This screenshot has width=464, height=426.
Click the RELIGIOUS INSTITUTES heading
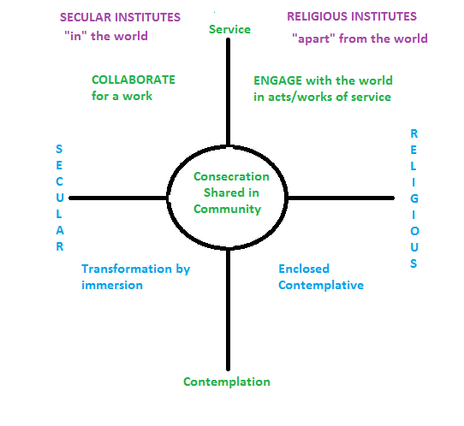[352, 16]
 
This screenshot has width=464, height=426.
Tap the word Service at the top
[229, 29]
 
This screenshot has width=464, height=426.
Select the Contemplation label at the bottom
[227, 382]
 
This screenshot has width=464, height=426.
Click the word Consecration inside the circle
[231, 177]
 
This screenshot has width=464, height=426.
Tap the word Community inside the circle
[231, 209]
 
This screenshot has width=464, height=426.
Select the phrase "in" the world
[104, 36]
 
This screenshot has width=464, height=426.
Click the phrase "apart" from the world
[360, 38]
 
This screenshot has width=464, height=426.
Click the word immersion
[111, 284]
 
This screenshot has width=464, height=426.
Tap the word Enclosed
[303, 269]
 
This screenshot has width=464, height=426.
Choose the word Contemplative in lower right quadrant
[321, 284]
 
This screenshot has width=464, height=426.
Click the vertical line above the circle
[228, 94]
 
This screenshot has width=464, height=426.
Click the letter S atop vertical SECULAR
[59, 149]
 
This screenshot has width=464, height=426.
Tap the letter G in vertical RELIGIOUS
[413, 198]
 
